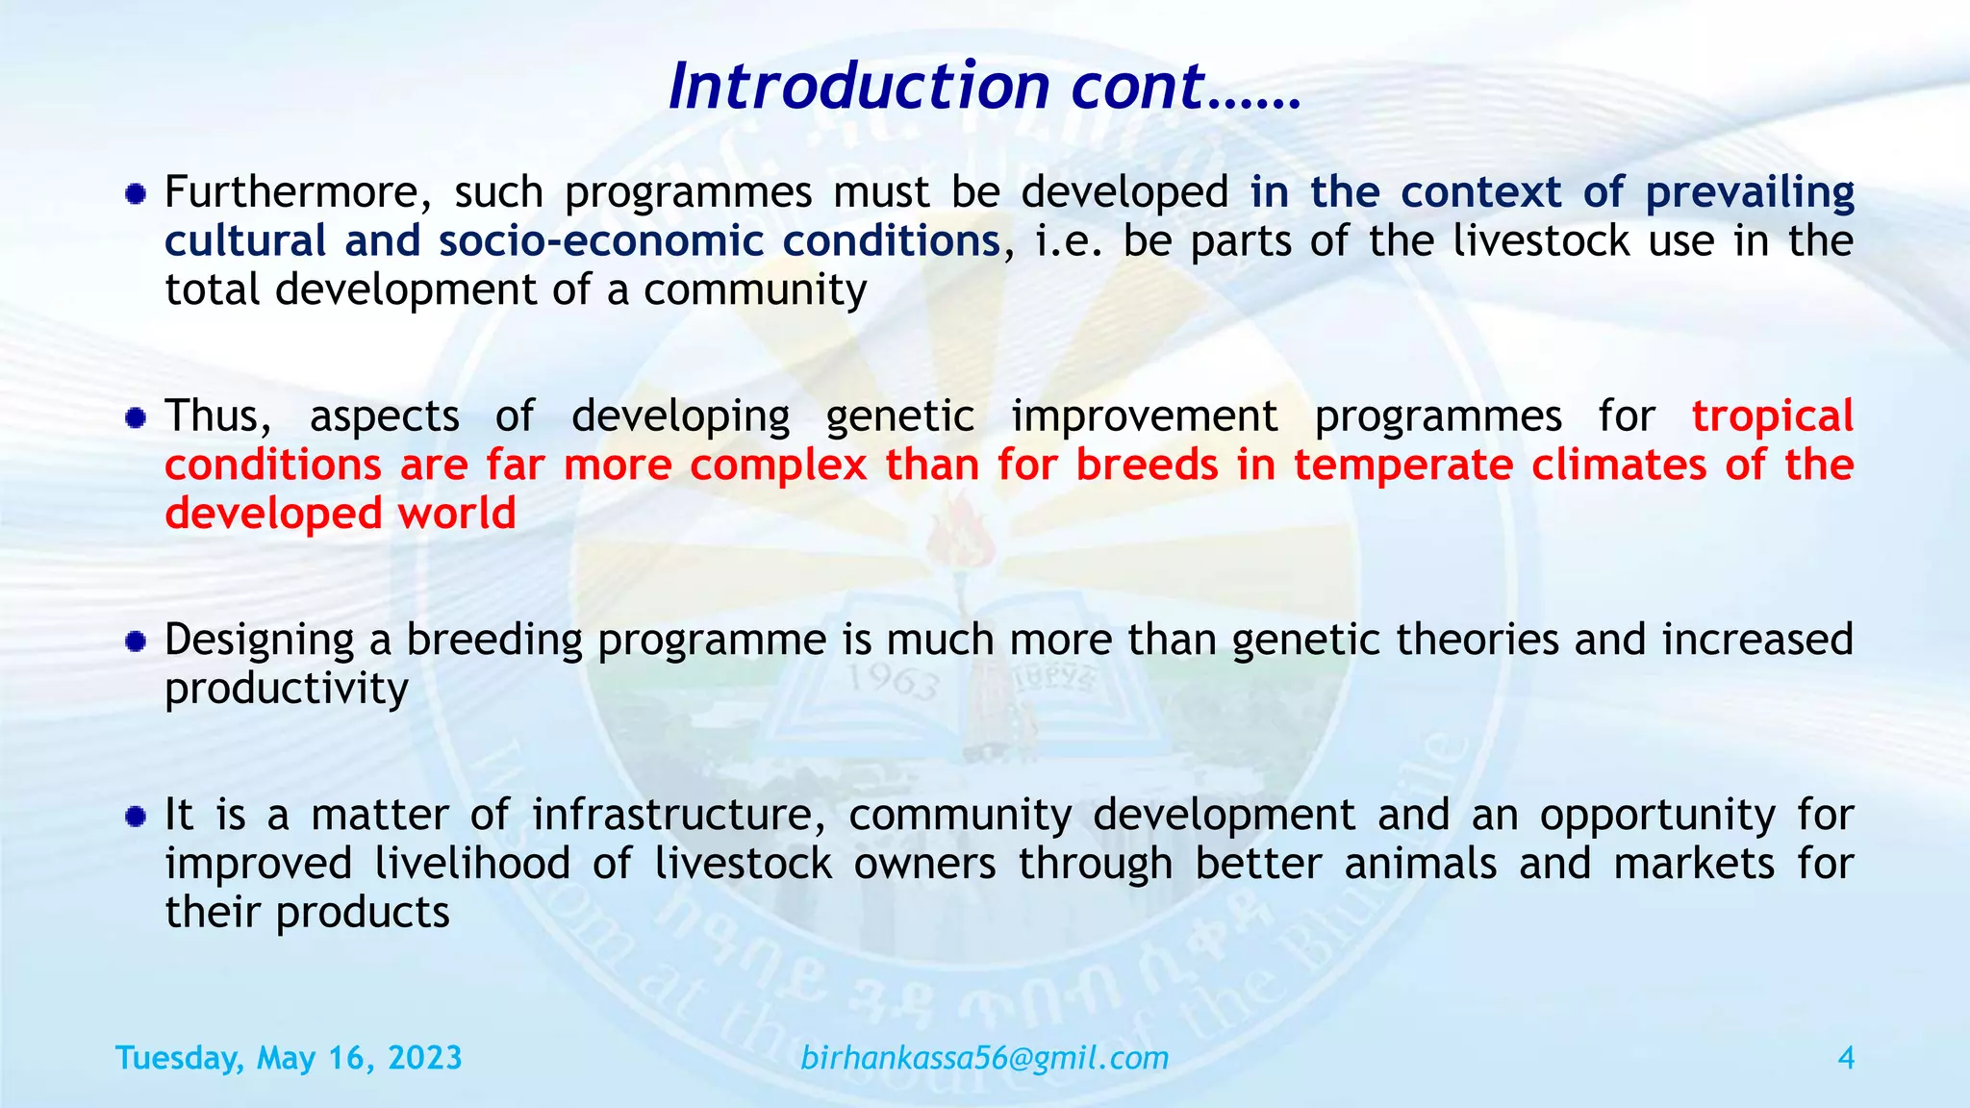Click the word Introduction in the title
tap(859, 87)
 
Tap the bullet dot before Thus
tap(136, 418)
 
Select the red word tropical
tap(1772, 416)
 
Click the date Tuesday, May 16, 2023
tap(289, 1058)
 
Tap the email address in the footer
tap(984, 1058)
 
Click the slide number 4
tap(1845, 1058)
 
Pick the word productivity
tap(287, 689)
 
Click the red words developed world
tap(341, 514)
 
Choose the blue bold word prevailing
tap(1749, 192)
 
